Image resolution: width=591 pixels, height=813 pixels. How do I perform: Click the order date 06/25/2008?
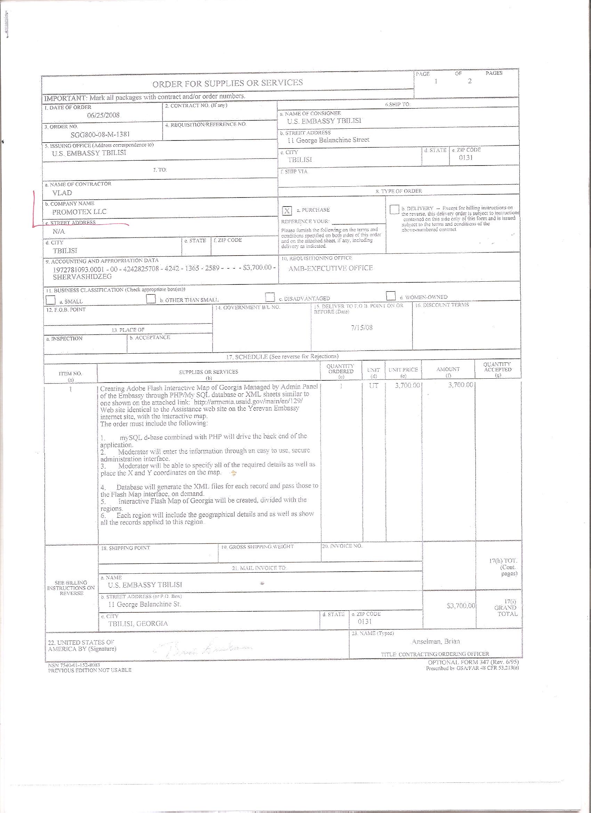tap(104, 115)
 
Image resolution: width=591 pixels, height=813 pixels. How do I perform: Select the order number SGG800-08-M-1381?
tap(100, 135)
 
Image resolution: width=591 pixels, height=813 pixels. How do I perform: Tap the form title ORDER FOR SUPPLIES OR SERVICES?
tap(227, 83)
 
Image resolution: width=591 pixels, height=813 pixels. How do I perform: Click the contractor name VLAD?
tap(62, 193)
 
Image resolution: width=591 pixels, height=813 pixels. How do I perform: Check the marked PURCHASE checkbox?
tap(287, 211)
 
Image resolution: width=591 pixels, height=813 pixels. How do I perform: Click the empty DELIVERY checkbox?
tap(394, 209)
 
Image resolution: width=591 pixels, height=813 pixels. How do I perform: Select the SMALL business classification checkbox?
tap(51, 299)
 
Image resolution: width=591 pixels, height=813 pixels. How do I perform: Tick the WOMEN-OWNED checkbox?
tap(391, 296)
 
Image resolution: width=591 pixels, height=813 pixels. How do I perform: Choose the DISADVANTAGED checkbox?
tap(269, 297)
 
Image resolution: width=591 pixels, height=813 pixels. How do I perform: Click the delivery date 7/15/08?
tap(362, 328)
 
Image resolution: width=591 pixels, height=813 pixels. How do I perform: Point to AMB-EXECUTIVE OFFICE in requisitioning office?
tap(331, 268)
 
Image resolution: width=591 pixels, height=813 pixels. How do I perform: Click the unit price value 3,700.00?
tap(407, 386)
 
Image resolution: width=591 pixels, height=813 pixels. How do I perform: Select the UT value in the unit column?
tap(373, 386)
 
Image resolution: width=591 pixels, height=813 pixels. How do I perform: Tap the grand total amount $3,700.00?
tap(461, 606)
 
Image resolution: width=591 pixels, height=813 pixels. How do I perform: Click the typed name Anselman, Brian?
tap(436, 641)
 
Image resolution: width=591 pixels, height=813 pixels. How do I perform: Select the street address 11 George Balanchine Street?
tap(328, 140)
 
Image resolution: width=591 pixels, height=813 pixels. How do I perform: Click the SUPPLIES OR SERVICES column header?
tap(208, 372)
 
